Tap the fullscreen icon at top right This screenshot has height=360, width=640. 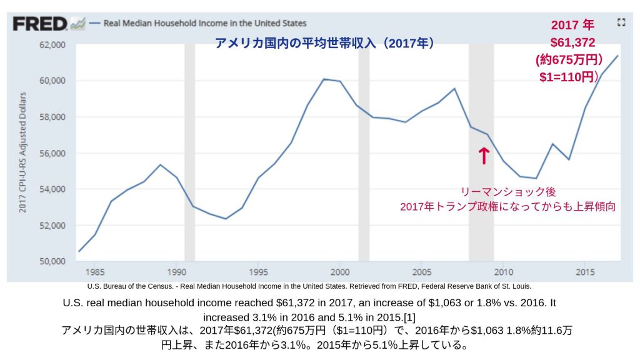621,22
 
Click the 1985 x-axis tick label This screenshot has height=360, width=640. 95,272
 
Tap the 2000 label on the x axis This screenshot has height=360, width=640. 340,272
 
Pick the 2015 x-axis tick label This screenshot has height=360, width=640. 585,272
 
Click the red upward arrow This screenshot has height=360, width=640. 483,156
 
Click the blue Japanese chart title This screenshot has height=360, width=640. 324,43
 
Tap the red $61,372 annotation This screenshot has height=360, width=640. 572,42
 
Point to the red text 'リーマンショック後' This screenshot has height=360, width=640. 508,192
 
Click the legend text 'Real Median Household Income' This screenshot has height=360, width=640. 205,23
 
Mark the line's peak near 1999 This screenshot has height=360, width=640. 324,79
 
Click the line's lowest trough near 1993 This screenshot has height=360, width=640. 226,219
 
